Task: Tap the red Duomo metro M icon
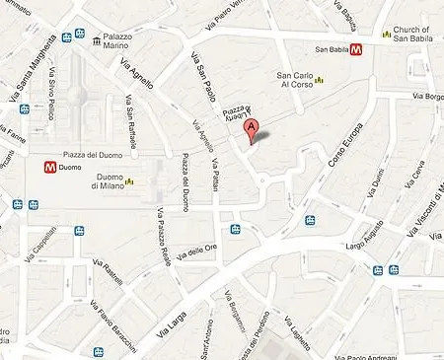(x=48, y=168)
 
